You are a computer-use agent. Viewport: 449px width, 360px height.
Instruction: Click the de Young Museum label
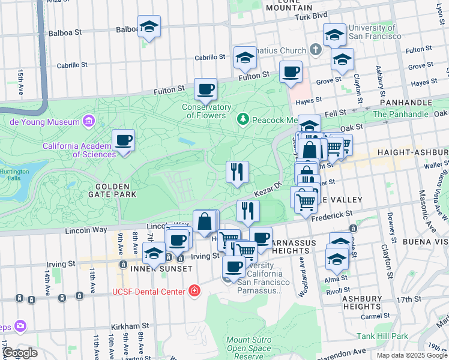point(44,122)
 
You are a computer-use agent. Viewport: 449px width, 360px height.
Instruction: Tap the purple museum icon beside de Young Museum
point(89,122)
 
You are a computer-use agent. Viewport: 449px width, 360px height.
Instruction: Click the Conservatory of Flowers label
point(207,112)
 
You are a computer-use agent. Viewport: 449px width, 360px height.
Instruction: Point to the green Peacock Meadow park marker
point(243,120)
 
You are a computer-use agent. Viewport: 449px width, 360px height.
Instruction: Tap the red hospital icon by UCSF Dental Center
point(194,292)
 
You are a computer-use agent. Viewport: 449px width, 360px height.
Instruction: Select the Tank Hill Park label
point(382,336)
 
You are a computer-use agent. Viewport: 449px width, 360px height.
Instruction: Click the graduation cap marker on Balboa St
point(149,28)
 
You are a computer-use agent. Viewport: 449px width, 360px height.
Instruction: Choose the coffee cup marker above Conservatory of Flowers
point(205,90)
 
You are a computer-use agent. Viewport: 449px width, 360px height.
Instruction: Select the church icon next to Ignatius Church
point(316,50)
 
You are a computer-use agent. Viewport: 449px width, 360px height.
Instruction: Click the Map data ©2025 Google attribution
point(411,355)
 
